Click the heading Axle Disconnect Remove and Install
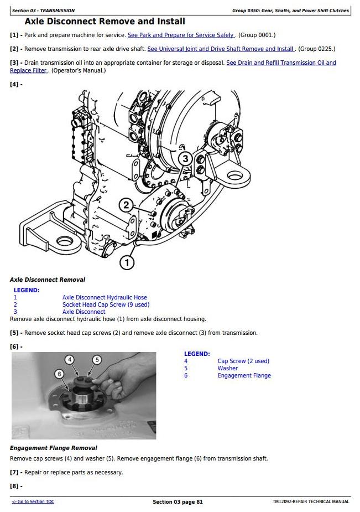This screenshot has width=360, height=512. click(105, 22)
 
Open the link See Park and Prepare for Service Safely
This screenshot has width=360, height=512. click(181, 35)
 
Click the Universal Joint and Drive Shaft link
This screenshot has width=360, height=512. click(221, 49)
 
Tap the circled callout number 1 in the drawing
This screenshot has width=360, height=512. click(127, 262)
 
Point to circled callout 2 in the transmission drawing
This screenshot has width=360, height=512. click(126, 205)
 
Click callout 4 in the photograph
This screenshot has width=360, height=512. click(70, 360)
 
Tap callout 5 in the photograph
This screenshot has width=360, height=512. click(97, 360)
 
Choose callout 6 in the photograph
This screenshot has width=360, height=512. click(59, 374)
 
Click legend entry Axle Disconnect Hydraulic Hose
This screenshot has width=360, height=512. click(105, 297)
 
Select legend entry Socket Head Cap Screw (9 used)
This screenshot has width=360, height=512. click(106, 304)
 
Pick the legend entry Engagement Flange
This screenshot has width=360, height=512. click(244, 375)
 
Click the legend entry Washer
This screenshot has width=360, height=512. click(228, 368)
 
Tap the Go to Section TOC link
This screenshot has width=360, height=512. click(33, 501)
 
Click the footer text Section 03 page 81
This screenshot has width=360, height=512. click(178, 502)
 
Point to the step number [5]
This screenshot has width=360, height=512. click(14, 333)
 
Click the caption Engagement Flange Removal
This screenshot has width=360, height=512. click(54, 448)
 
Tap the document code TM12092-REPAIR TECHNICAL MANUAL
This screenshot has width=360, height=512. click(311, 501)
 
